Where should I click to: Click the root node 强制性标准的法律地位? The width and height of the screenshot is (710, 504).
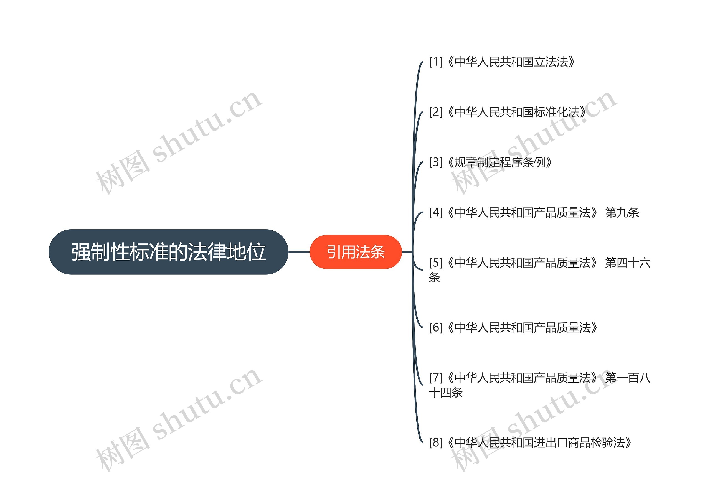point(169,252)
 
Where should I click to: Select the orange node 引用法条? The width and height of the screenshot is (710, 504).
point(356,252)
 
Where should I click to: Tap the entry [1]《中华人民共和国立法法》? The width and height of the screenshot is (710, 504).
point(502,62)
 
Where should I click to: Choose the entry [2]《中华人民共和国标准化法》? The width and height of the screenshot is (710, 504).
point(508,112)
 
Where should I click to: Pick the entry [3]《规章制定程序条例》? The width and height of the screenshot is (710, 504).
point(491,162)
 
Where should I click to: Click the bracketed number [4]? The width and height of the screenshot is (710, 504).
point(435,213)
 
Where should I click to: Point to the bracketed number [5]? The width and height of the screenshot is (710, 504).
point(435,263)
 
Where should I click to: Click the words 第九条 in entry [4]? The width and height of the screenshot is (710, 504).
point(622,213)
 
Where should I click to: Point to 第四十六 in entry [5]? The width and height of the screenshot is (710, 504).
point(627,263)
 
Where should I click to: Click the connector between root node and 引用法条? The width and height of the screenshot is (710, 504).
point(299,252)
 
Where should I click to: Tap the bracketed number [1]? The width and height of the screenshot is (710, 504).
point(435,62)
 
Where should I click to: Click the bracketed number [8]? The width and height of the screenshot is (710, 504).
point(435,442)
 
